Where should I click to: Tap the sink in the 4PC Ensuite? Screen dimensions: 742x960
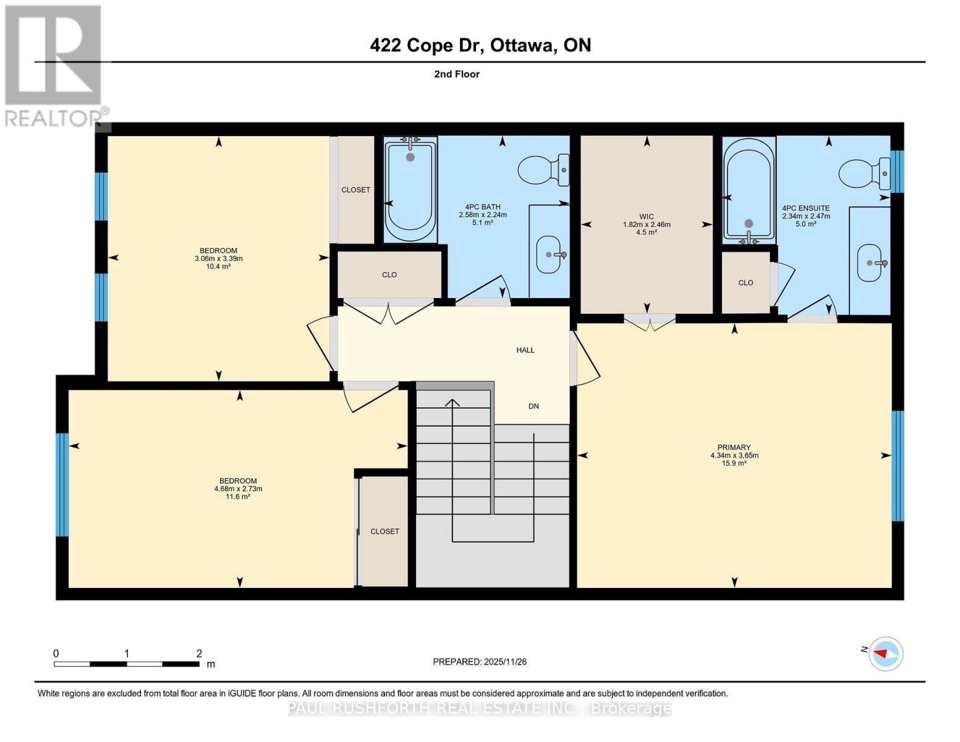pos(871,263)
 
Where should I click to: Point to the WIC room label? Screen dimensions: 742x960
pos(646,216)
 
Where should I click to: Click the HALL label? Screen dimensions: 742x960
pos(525,350)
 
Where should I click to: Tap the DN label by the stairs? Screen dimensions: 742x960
pos(533,406)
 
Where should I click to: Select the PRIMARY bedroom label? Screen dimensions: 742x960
pos(734,447)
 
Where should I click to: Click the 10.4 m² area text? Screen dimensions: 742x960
pos(218,267)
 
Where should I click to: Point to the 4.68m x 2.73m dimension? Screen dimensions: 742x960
pos(238,488)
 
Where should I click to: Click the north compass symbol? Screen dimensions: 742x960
pos(885,653)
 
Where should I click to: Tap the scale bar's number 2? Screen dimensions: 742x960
pos(199,653)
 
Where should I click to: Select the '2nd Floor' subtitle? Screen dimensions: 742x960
pos(457,74)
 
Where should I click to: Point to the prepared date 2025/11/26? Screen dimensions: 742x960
pos(480,662)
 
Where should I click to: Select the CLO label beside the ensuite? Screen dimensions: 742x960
pos(745,283)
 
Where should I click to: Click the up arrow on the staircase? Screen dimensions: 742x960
pos(452,403)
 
